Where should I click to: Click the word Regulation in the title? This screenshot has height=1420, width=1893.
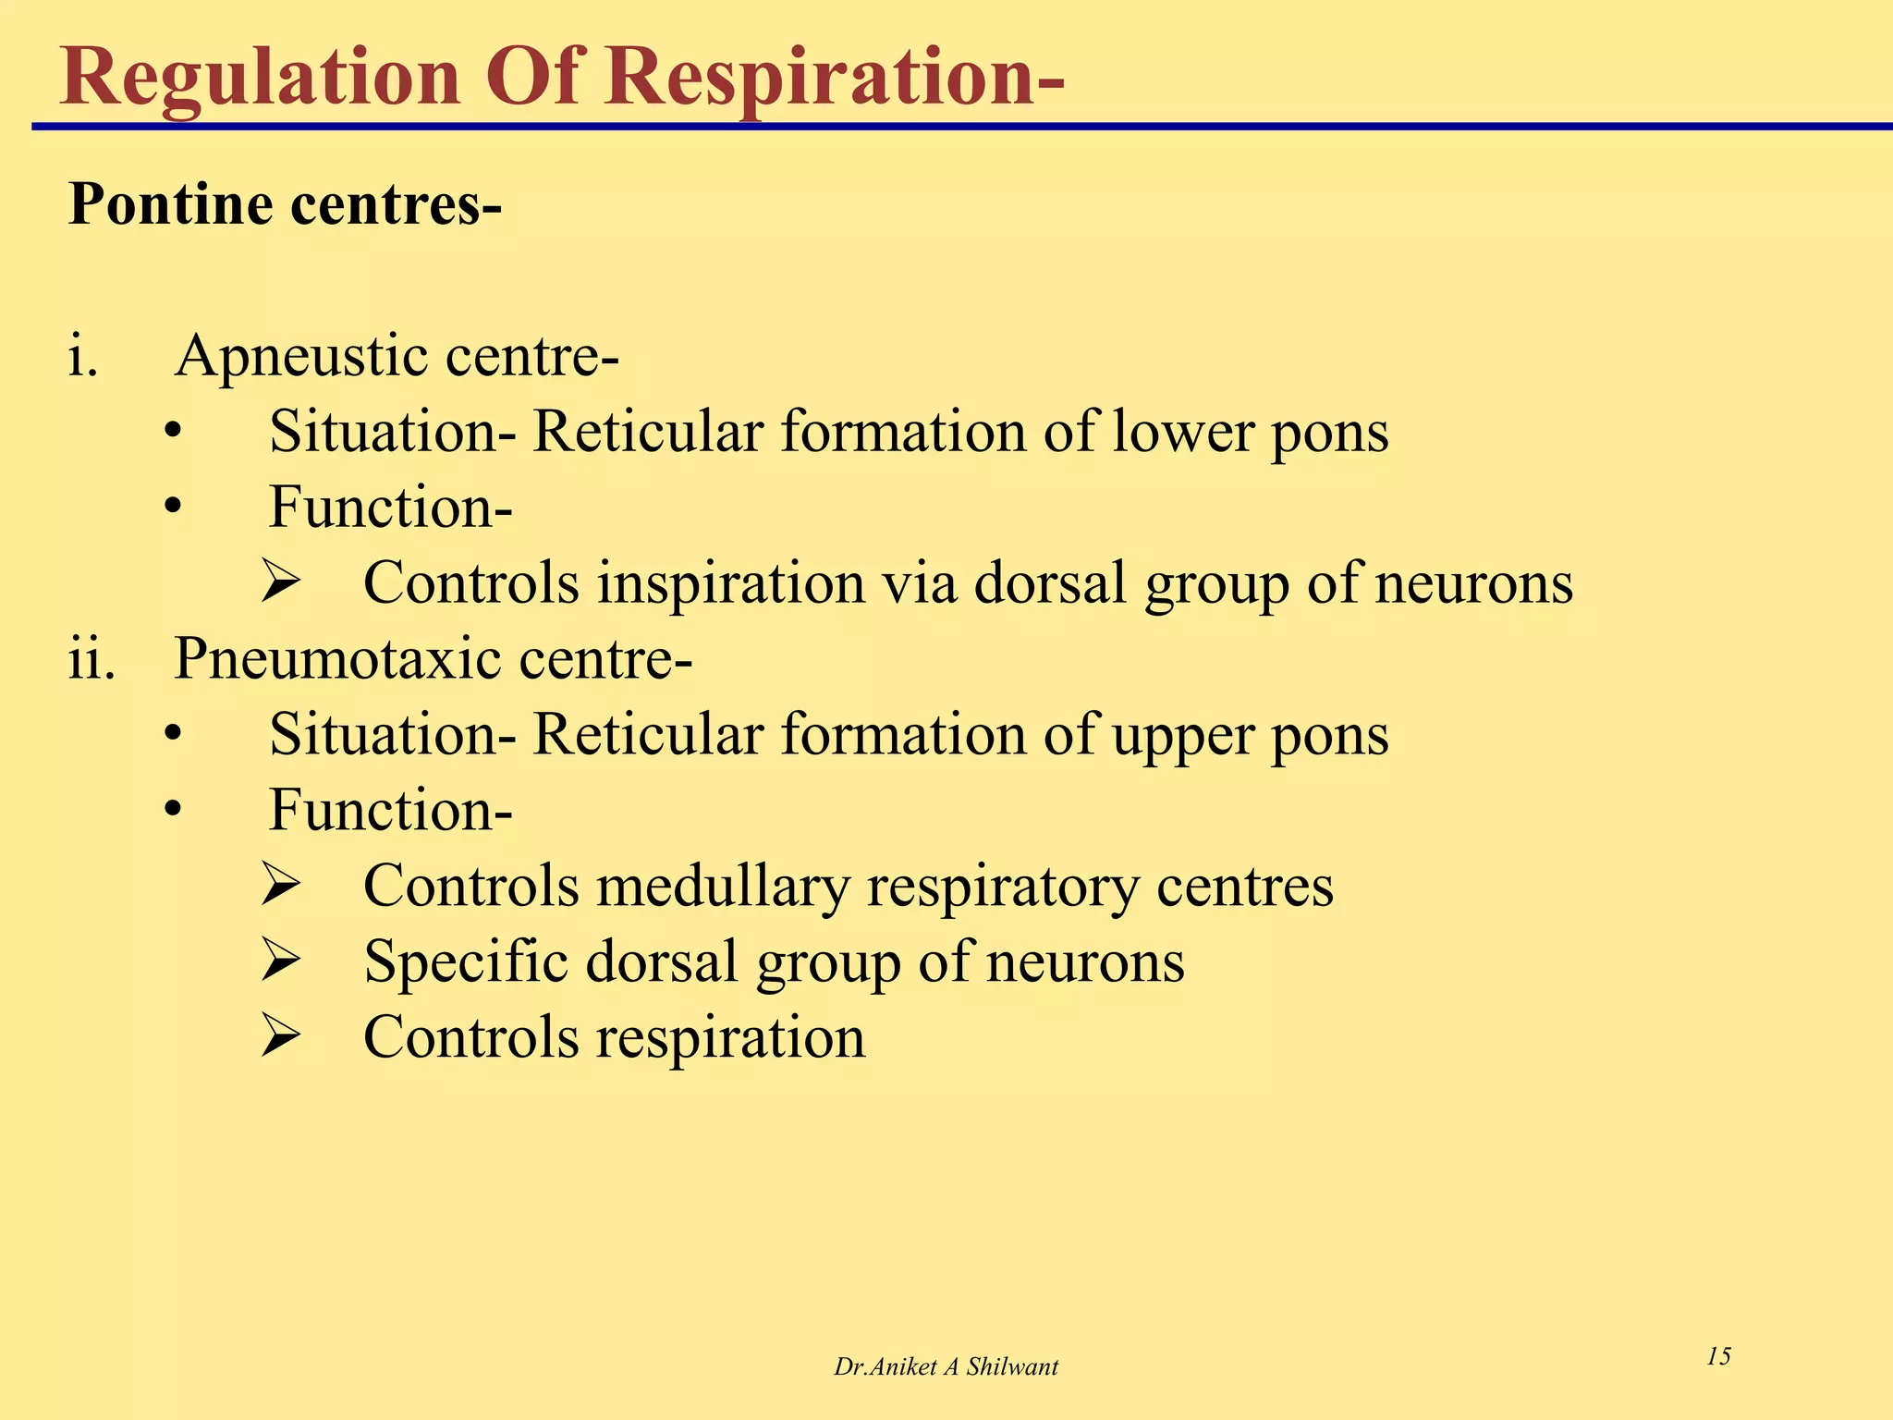point(260,78)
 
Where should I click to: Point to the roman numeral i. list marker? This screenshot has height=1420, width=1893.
point(83,357)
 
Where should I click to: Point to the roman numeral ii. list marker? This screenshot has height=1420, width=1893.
point(92,659)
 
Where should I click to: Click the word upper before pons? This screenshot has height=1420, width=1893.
point(1183,735)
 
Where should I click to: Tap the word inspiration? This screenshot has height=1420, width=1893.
point(730,583)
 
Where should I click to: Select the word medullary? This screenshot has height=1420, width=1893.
point(722,887)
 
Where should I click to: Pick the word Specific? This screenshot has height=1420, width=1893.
point(466,962)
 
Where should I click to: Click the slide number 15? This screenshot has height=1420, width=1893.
point(1718,1356)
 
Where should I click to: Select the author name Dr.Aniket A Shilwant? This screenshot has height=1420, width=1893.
point(946,1367)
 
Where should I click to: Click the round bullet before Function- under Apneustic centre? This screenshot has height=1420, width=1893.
point(173,508)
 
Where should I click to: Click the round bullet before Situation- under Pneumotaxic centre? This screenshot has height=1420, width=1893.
point(173,735)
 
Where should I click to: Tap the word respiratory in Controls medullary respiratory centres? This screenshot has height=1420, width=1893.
point(1003,887)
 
